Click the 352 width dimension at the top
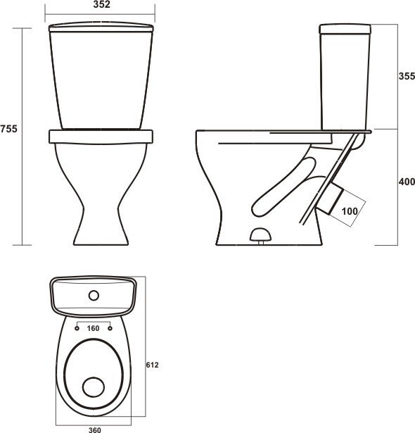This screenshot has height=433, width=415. coord(100,5)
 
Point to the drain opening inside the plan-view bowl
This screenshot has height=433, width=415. coord(92,386)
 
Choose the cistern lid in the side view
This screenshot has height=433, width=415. coord(345,29)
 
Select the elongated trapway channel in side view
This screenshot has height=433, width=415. coord(281,187)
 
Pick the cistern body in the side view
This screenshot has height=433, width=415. coord(345,81)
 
